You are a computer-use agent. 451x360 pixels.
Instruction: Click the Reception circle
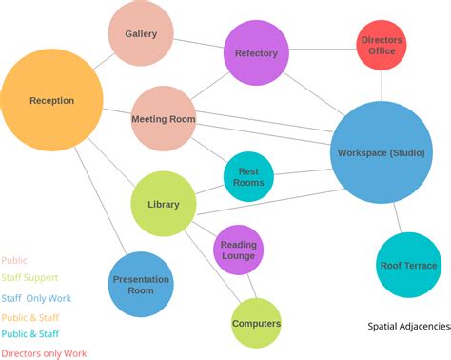click(51, 100)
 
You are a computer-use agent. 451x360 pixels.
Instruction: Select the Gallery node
click(141, 34)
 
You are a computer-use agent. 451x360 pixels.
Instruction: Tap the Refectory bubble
click(256, 53)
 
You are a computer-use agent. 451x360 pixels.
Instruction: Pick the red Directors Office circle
click(382, 45)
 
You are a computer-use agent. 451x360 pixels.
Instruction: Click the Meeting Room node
click(163, 119)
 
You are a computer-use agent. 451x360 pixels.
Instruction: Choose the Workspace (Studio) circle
click(382, 152)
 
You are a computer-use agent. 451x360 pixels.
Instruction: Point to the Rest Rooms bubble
click(248, 176)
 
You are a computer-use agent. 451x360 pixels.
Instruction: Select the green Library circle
click(163, 204)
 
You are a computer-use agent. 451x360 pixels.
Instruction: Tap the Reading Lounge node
click(239, 250)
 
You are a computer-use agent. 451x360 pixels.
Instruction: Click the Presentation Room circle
click(141, 284)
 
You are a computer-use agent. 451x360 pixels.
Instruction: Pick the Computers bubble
click(256, 323)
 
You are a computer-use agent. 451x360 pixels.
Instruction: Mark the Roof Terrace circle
click(408, 265)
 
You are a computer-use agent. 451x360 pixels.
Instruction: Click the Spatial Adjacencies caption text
click(409, 326)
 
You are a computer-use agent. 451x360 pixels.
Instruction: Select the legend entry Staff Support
click(31, 277)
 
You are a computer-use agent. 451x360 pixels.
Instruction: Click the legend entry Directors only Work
click(45, 353)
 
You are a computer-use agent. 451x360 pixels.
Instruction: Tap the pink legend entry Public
click(14, 260)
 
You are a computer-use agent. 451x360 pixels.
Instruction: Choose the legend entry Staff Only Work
click(36, 298)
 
